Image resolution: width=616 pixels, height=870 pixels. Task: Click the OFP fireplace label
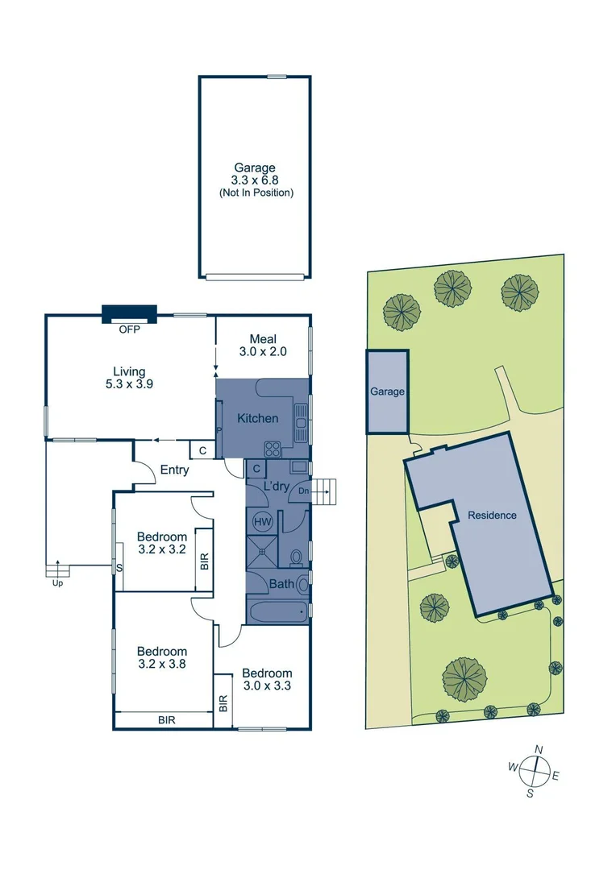coord(129,329)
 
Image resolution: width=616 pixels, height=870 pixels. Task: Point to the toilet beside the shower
coord(296,556)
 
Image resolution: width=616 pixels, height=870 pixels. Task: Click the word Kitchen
coord(257,418)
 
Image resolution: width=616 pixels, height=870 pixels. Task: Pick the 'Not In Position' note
coord(255,193)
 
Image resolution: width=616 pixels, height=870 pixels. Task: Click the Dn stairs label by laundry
coord(303,490)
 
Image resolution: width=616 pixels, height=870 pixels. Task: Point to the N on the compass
coord(539,750)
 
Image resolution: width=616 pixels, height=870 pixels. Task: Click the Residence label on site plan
coord(492,515)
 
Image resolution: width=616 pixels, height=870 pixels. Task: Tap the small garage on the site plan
coord(387,391)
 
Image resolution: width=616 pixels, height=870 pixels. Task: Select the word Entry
coord(175,470)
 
